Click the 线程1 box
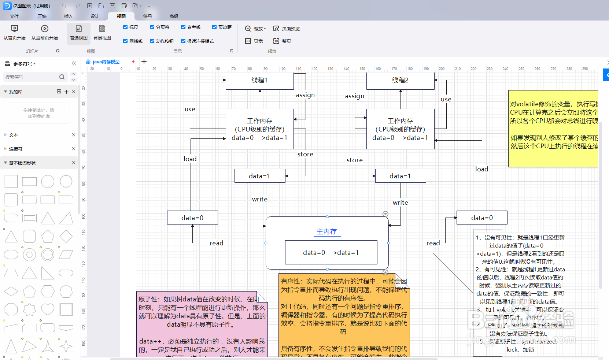tap(259, 81)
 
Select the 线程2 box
tap(400, 81)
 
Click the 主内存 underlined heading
tap(327, 231)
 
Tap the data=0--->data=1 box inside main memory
tap(331, 252)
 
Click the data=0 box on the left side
tap(192, 218)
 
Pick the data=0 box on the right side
tap(482, 218)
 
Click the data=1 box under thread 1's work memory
tap(259, 176)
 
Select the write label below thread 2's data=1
tap(400, 203)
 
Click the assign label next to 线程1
tap(305, 95)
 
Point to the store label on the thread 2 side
tap(354, 160)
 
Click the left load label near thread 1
tap(190, 159)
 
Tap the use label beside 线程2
tap(446, 99)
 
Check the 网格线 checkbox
tap(125, 41)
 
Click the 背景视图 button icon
tap(102, 29)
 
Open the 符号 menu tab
tap(147, 16)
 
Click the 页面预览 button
tap(287, 29)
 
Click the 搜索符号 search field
tap(31, 77)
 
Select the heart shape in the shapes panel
tap(48, 309)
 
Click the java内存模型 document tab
tap(106, 62)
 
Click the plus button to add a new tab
tap(144, 62)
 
